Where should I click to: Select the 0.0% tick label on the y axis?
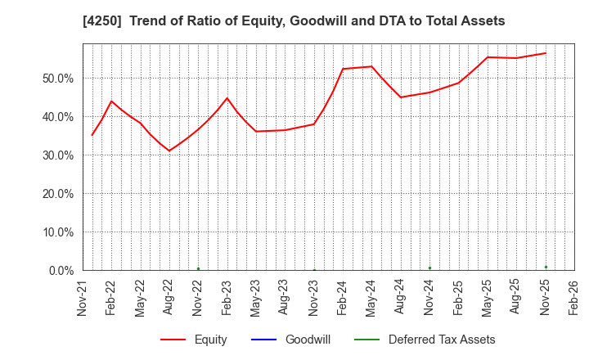(60, 271)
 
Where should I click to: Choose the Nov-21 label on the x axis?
(83, 299)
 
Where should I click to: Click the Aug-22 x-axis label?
(169, 299)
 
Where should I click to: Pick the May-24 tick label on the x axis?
(372, 299)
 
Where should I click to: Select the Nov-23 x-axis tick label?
(314, 299)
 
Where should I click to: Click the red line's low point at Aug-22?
(169, 151)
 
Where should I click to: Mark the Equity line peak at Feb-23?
(227, 98)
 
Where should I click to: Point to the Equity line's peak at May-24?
(371, 66)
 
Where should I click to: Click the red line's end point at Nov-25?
(546, 53)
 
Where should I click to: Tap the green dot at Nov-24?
(429, 268)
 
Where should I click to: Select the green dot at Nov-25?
(546, 267)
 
